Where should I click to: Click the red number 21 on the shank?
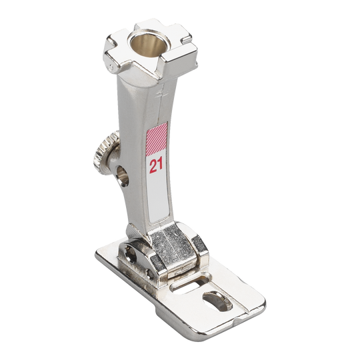[156, 165]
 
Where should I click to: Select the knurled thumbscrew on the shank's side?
[105, 153]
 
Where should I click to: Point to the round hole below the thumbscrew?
[123, 176]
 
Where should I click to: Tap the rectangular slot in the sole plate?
[191, 284]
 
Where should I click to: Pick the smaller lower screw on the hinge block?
[149, 274]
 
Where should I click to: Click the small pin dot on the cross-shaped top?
[111, 67]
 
